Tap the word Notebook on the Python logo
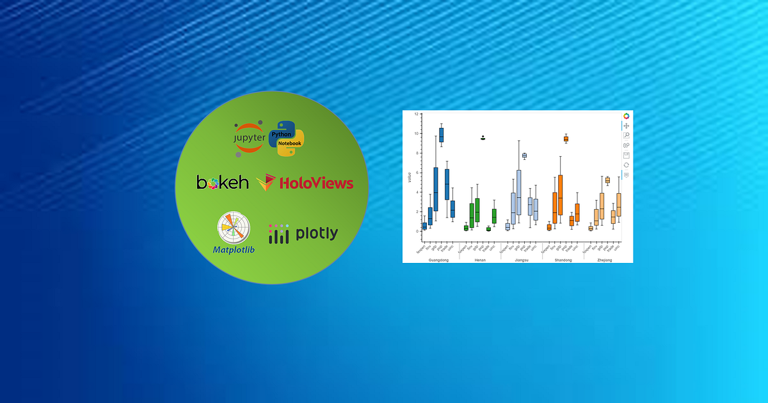[x=289, y=143]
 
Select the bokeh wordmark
[x=222, y=183]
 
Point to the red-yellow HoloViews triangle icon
[x=266, y=183]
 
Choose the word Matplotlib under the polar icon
[x=234, y=249]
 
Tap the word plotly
[x=316, y=233]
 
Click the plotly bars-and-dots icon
[x=278, y=233]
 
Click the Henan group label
[x=480, y=260]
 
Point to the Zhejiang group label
[x=605, y=260]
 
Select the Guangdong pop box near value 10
[x=441, y=135]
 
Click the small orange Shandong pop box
[x=566, y=139]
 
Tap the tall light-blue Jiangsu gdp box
[x=518, y=193]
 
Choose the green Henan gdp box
[x=477, y=210]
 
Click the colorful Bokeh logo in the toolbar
[x=627, y=116]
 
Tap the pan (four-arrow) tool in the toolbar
[x=627, y=126]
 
